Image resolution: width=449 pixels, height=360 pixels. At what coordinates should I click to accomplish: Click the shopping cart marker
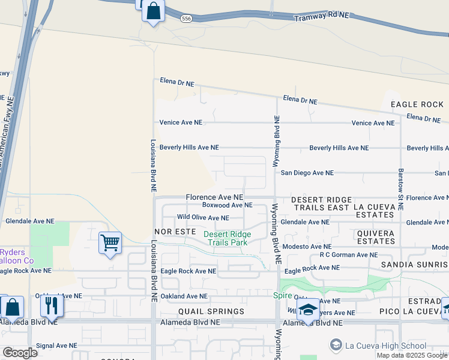pos(110,243)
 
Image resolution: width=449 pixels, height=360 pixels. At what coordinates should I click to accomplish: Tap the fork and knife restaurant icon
pos(52,306)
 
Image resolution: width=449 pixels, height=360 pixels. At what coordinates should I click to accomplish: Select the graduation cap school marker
pos(308,310)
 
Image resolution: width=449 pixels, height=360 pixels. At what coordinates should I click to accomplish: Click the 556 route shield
pos(186,19)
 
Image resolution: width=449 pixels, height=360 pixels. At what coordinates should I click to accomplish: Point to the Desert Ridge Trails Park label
pos(228,238)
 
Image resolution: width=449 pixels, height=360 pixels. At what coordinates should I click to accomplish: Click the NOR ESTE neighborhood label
pos(175,231)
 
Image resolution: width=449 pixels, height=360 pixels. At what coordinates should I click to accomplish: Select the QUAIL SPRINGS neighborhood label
pos(211,311)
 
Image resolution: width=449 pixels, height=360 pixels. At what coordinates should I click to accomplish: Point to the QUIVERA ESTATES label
pos(376,237)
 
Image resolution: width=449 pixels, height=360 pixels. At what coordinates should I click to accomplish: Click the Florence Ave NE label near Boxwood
pos(214,197)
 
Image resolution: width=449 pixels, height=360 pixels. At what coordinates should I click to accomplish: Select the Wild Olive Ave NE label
pos(203,218)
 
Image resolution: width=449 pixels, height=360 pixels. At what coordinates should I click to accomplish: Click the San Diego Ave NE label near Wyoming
pos(307,173)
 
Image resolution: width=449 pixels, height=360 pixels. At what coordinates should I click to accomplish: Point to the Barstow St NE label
pos(401,188)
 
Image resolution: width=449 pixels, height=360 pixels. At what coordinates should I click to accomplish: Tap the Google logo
pos(20,352)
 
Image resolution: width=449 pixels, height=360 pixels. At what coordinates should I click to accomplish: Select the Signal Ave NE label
pos(57,346)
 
